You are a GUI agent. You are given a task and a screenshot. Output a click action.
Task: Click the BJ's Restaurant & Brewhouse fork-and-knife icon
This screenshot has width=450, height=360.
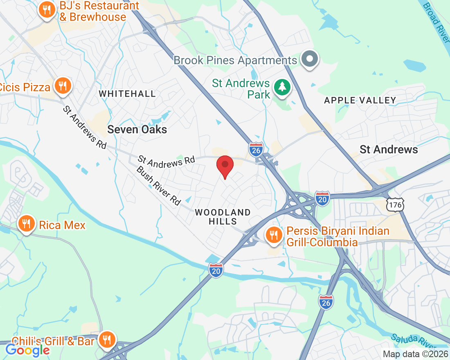point(47,9)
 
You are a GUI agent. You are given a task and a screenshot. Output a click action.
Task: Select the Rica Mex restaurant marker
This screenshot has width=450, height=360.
point(27,224)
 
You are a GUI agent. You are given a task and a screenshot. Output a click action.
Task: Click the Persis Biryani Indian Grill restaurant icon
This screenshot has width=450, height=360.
point(273,235)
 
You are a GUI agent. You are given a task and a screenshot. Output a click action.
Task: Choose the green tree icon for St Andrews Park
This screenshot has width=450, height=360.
point(282,87)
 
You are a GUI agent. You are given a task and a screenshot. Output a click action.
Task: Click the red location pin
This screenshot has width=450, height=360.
point(225,166)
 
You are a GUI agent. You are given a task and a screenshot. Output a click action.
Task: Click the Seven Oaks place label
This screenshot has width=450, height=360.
point(137,130)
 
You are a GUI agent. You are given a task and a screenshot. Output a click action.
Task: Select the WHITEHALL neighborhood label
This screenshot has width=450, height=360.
point(127,94)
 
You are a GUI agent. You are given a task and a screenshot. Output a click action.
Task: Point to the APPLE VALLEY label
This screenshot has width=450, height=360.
point(360,100)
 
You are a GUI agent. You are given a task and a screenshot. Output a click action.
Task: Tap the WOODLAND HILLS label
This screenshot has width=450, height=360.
point(223,217)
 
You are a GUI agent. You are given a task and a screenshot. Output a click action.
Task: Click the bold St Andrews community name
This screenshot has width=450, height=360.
point(389,150)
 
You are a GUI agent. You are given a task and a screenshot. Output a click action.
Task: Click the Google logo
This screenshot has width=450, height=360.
point(27,350)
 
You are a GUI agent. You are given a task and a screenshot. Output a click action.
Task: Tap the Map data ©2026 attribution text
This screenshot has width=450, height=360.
point(414,354)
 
